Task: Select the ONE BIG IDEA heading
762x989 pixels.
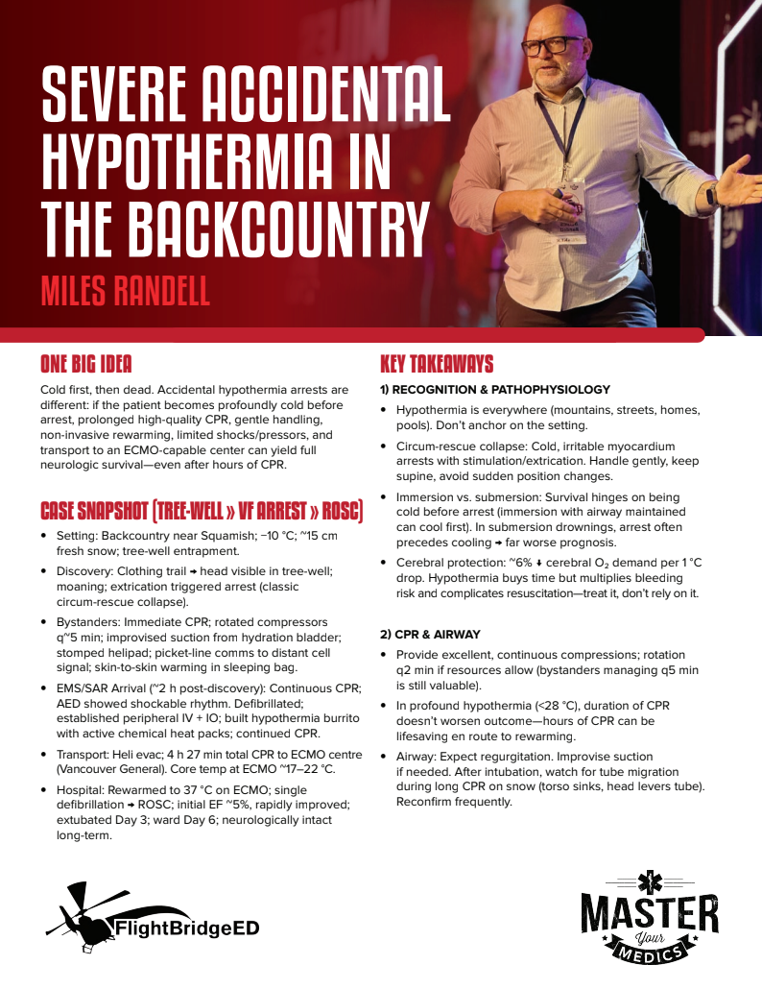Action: (x=85, y=364)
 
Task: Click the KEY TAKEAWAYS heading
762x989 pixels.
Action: (x=437, y=364)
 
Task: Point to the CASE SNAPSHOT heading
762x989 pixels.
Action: (x=201, y=511)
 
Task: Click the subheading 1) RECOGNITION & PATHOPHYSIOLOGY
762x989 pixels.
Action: (x=495, y=390)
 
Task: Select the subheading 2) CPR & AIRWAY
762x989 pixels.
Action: (x=431, y=635)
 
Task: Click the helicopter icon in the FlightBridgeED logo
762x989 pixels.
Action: (x=86, y=917)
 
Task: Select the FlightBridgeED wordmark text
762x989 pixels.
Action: (x=186, y=929)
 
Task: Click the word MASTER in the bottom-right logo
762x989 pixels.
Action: (x=649, y=911)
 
